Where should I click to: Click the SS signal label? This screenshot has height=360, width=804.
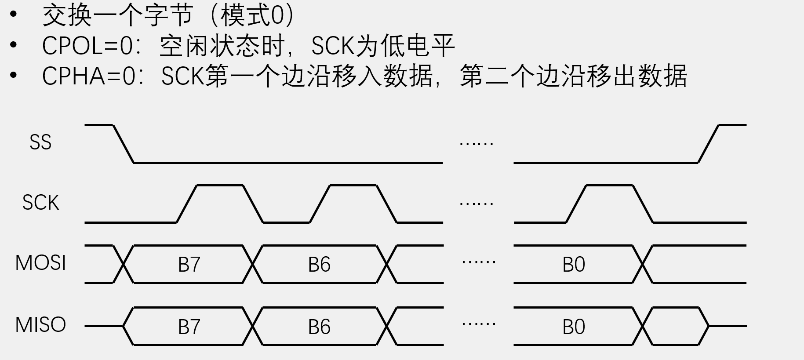coord(40,142)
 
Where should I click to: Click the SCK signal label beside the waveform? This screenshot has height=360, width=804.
coord(40,203)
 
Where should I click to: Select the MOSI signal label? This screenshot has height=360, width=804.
coord(40,263)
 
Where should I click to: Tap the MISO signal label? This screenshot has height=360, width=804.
coord(40,325)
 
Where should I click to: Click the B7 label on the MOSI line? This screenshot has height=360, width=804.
coord(189,265)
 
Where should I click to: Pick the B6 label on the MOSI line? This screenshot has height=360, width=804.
coord(319,265)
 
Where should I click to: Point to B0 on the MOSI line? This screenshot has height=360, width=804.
coord(574,265)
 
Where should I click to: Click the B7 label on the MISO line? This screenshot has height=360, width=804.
coord(189,327)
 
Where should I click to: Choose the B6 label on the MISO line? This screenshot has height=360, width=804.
coord(319,327)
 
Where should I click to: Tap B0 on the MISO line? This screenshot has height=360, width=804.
coord(574,327)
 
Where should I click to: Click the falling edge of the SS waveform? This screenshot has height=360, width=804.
coord(124,144)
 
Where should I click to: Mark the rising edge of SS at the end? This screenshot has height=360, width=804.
coord(708,144)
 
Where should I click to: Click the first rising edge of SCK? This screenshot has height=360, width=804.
coord(187,204)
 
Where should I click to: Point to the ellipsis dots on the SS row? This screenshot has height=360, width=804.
coord(476,143)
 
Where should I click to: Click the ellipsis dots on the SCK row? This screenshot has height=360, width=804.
coord(476,204)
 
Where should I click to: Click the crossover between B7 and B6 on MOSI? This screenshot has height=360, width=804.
coord(253,264)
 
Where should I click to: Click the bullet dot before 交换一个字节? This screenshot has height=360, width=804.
coord(14,15)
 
